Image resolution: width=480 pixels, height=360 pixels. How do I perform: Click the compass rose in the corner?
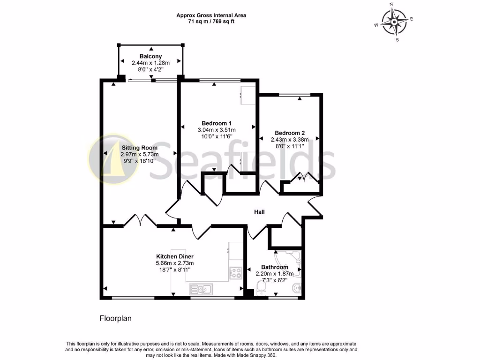coord(394,22)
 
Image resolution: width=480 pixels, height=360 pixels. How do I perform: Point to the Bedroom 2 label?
coord(290,133)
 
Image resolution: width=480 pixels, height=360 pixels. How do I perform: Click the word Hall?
coord(259,212)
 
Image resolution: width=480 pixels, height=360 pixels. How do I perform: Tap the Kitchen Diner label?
coord(175,256)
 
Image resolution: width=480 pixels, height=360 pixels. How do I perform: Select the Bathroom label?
coord(274,267)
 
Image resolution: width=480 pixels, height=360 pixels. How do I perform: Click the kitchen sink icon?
coord(201,289)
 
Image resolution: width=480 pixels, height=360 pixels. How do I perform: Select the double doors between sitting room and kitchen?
coord(140,221)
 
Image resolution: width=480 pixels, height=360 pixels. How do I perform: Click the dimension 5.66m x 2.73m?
coord(175,263)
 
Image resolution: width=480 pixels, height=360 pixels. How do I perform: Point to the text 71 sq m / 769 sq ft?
coord(211,22)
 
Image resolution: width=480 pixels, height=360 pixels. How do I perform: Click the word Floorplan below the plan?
coord(115,318)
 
